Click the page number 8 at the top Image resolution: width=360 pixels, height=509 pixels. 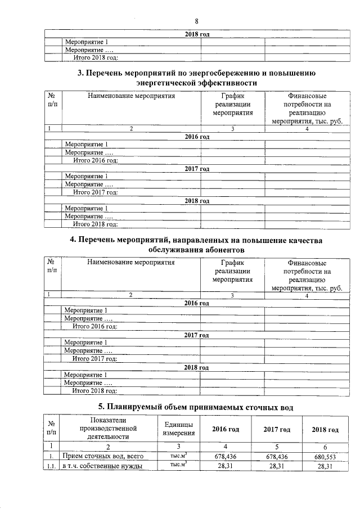point(197,21)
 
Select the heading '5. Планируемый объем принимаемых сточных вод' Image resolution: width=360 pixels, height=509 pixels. point(196,407)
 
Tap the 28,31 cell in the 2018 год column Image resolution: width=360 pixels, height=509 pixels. point(325,466)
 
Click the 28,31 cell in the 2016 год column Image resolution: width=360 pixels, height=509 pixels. point(226,466)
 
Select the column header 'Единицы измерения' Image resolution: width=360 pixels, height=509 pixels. point(179,429)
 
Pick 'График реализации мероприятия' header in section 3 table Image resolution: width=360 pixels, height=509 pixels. point(232,104)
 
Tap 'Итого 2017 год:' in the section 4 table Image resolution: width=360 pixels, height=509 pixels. point(96,358)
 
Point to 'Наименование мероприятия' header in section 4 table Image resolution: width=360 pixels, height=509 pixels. point(130,262)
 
